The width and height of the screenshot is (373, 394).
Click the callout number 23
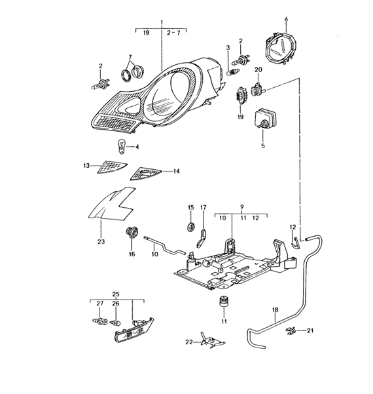click(x=101, y=242)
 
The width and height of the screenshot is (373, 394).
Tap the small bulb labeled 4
click(x=121, y=147)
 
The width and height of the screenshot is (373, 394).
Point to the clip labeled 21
click(x=291, y=331)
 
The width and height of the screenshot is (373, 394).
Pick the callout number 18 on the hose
click(x=275, y=310)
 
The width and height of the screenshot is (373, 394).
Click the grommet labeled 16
click(x=132, y=233)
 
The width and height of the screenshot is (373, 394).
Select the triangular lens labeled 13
click(x=112, y=167)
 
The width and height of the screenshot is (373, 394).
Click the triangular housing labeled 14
click(x=145, y=174)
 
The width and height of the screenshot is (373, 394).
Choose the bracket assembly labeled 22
click(x=212, y=342)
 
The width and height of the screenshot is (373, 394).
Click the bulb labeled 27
click(x=99, y=321)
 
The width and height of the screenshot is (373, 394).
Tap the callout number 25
click(x=116, y=294)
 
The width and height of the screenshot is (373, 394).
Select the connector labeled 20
click(x=258, y=89)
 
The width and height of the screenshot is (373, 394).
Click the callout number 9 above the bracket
click(x=241, y=207)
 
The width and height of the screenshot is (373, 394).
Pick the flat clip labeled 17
click(x=202, y=238)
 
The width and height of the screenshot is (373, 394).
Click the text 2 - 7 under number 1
click(x=173, y=33)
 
